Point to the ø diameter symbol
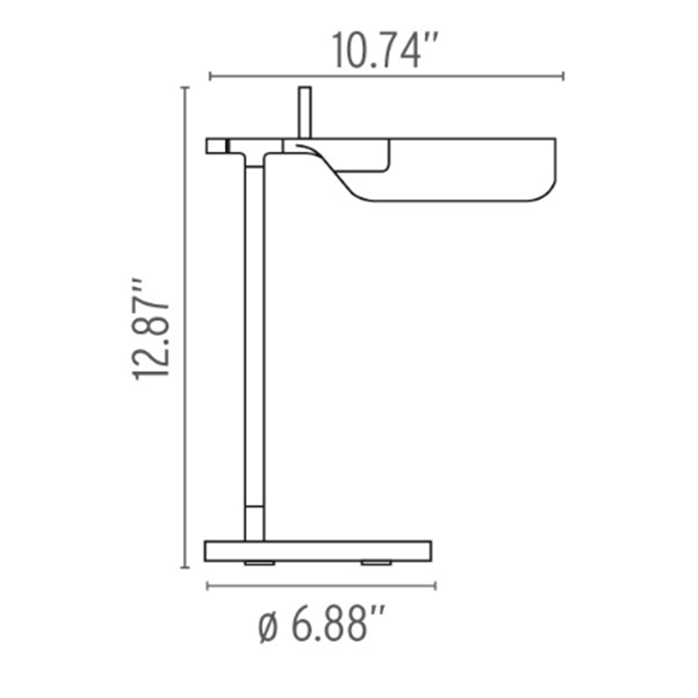(x=269, y=627)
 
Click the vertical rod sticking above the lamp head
(x=305, y=112)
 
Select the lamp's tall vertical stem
(x=253, y=332)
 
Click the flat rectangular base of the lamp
(x=318, y=551)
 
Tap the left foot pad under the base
(x=259, y=564)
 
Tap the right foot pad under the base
(x=376, y=564)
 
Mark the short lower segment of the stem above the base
(x=254, y=522)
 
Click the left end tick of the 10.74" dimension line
(x=210, y=76)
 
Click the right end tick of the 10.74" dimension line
(x=563, y=76)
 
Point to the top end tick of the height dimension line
(x=184, y=87)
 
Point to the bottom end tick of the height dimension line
(x=184, y=567)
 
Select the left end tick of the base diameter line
(x=207, y=585)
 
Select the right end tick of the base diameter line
(x=434, y=585)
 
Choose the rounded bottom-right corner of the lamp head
(x=545, y=194)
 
